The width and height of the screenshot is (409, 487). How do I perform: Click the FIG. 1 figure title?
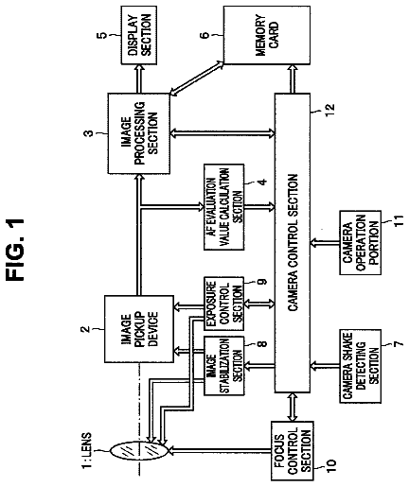[15, 250]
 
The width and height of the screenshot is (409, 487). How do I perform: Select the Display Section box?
[139, 35]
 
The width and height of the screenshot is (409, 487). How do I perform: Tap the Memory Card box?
[267, 35]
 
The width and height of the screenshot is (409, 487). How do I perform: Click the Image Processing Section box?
[139, 133]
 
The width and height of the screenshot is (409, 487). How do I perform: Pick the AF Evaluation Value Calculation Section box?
[223, 207]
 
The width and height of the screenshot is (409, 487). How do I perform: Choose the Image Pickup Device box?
[139, 329]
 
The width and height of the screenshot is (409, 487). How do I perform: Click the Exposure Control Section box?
[223, 304]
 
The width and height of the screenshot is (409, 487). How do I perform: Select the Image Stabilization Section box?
[223, 366]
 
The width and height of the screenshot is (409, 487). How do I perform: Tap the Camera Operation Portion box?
[360, 243]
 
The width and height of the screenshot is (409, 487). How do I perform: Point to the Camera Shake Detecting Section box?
[360, 366]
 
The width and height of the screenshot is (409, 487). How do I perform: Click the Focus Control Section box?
[293, 451]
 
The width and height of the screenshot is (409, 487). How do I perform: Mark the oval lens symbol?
[139, 451]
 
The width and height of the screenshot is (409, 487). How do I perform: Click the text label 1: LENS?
[86, 450]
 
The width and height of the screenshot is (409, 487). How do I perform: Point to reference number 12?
[329, 110]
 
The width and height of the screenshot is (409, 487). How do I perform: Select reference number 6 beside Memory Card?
[204, 35]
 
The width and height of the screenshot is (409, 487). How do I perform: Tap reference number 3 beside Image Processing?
[90, 133]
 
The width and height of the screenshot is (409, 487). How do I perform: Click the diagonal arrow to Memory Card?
[197, 78]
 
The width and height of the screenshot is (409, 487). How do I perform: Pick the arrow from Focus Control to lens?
[221, 451]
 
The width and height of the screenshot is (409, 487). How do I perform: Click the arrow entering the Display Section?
[139, 78]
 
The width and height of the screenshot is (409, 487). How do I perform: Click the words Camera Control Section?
[293, 242]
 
